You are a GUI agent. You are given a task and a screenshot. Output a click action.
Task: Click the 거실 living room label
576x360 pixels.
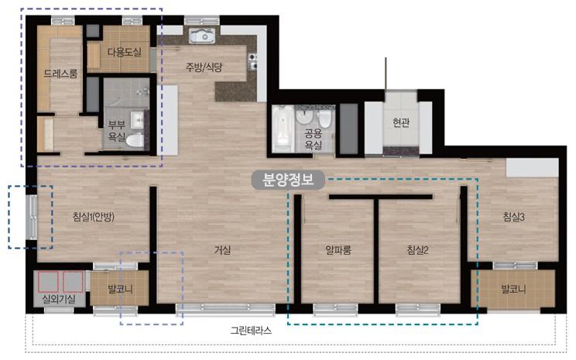click(x=223, y=251)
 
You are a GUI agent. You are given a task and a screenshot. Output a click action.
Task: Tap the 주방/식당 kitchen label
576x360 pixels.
click(x=204, y=67)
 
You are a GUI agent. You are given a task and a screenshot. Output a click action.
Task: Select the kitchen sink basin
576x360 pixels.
click(x=201, y=36)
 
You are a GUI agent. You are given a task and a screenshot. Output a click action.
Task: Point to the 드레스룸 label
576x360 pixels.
click(x=60, y=74)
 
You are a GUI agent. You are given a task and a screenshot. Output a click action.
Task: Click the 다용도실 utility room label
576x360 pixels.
click(x=124, y=52)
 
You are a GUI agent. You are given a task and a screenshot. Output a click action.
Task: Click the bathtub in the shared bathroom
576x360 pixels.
click(x=283, y=129)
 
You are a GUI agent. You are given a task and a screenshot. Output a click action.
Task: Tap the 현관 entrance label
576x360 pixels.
click(x=401, y=122)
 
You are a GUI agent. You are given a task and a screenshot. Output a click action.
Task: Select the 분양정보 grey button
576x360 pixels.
click(x=288, y=180)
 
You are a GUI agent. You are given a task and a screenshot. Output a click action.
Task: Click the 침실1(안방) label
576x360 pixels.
click(x=94, y=217)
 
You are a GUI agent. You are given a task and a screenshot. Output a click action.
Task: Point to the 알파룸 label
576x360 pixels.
click(x=338, y=250)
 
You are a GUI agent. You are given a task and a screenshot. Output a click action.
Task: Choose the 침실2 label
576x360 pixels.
click(x=417, y=250)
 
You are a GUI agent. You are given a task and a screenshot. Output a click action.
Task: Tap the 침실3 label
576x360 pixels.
click(x=513, y=217)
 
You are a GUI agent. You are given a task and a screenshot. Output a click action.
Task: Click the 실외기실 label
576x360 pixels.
click(x=59, y=299)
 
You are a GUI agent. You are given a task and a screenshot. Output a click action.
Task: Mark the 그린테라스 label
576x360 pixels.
click(x=251, y=331)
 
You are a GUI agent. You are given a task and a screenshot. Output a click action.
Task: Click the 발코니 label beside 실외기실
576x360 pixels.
click(x=120, y=289)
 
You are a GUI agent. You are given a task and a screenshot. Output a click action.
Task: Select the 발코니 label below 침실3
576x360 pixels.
click(x=513, y=289)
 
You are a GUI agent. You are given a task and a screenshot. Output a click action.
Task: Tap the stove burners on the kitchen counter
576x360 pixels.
click(x=252, y=61)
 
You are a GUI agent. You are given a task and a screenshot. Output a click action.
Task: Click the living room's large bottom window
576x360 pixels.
click(x=225, y=309)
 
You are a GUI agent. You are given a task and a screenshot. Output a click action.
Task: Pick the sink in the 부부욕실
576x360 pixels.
click(x=137, y=120)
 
